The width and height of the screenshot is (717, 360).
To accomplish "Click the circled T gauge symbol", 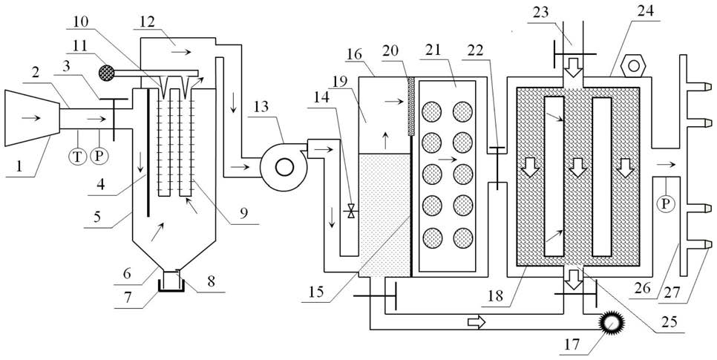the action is [x=78, y=157].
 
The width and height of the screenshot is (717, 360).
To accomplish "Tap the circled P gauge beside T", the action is [x=98, y=157].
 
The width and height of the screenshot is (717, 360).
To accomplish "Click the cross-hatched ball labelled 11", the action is [x=107, y=72].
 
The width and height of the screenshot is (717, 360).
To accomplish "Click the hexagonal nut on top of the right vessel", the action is [x=634, y=66].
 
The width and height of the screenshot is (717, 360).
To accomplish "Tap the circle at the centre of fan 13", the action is [x=284, y=168].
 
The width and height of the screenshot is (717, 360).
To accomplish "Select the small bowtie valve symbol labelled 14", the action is [x=351, y=211].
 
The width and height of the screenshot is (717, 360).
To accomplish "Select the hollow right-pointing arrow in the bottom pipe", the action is [x=476, y=323].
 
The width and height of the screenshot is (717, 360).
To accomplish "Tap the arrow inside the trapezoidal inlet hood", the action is [x=30, y=118].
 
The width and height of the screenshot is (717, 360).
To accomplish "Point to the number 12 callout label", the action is [x=148, y=21].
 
